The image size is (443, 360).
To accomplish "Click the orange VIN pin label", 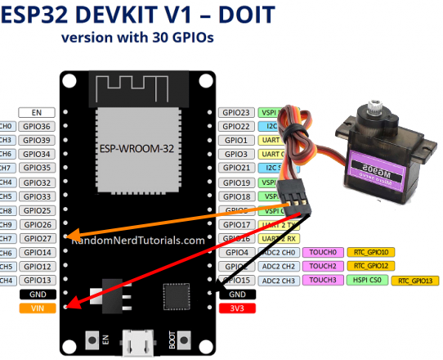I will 37,308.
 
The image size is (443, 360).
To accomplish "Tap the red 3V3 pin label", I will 237,308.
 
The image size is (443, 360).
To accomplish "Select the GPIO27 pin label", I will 37,238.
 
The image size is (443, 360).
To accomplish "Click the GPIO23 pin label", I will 236,113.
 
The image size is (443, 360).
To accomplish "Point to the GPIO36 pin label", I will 37,127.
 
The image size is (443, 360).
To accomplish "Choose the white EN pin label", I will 37,113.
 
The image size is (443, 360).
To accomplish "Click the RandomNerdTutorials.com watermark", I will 137,241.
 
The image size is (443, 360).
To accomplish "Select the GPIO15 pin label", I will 236,280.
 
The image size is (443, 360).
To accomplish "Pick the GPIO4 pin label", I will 236,252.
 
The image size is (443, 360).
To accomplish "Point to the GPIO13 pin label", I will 37,280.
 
